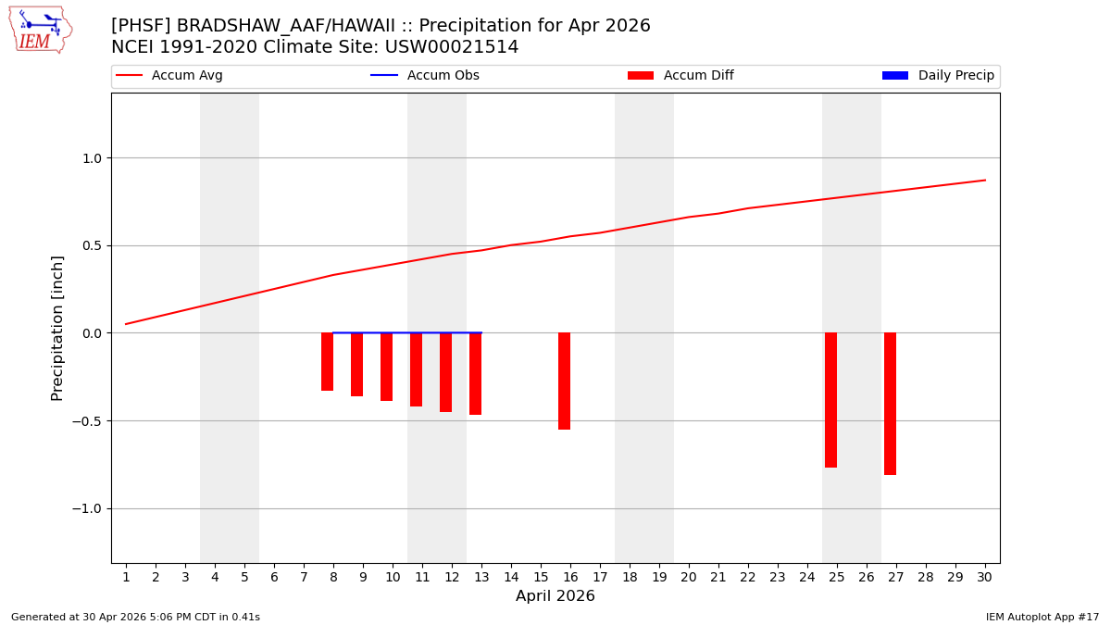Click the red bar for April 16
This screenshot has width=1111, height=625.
tap(564, 381)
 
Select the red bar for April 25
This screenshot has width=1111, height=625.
tap(830, 400)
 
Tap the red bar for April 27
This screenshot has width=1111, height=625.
tap(890, 404)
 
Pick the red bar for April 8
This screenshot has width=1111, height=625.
tap(327, 361)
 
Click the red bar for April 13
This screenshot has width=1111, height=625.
tap(475, 373)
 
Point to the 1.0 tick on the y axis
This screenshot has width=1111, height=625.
tap(93, 158)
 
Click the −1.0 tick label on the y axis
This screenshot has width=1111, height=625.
tap(89, 509)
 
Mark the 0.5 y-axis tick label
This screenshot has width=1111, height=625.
tap(93, 246)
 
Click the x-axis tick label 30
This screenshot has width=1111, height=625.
tap(984, 578)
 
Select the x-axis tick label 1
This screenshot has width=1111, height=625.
tap(126, 578)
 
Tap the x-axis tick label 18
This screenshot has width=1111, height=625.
tap(630, 578)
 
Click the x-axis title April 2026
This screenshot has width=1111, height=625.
tap(555, 596)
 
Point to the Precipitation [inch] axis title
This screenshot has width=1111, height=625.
tap(57, 328)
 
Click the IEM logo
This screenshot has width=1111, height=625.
tap(40, 30)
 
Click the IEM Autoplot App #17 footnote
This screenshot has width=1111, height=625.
tap(1042, 617)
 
